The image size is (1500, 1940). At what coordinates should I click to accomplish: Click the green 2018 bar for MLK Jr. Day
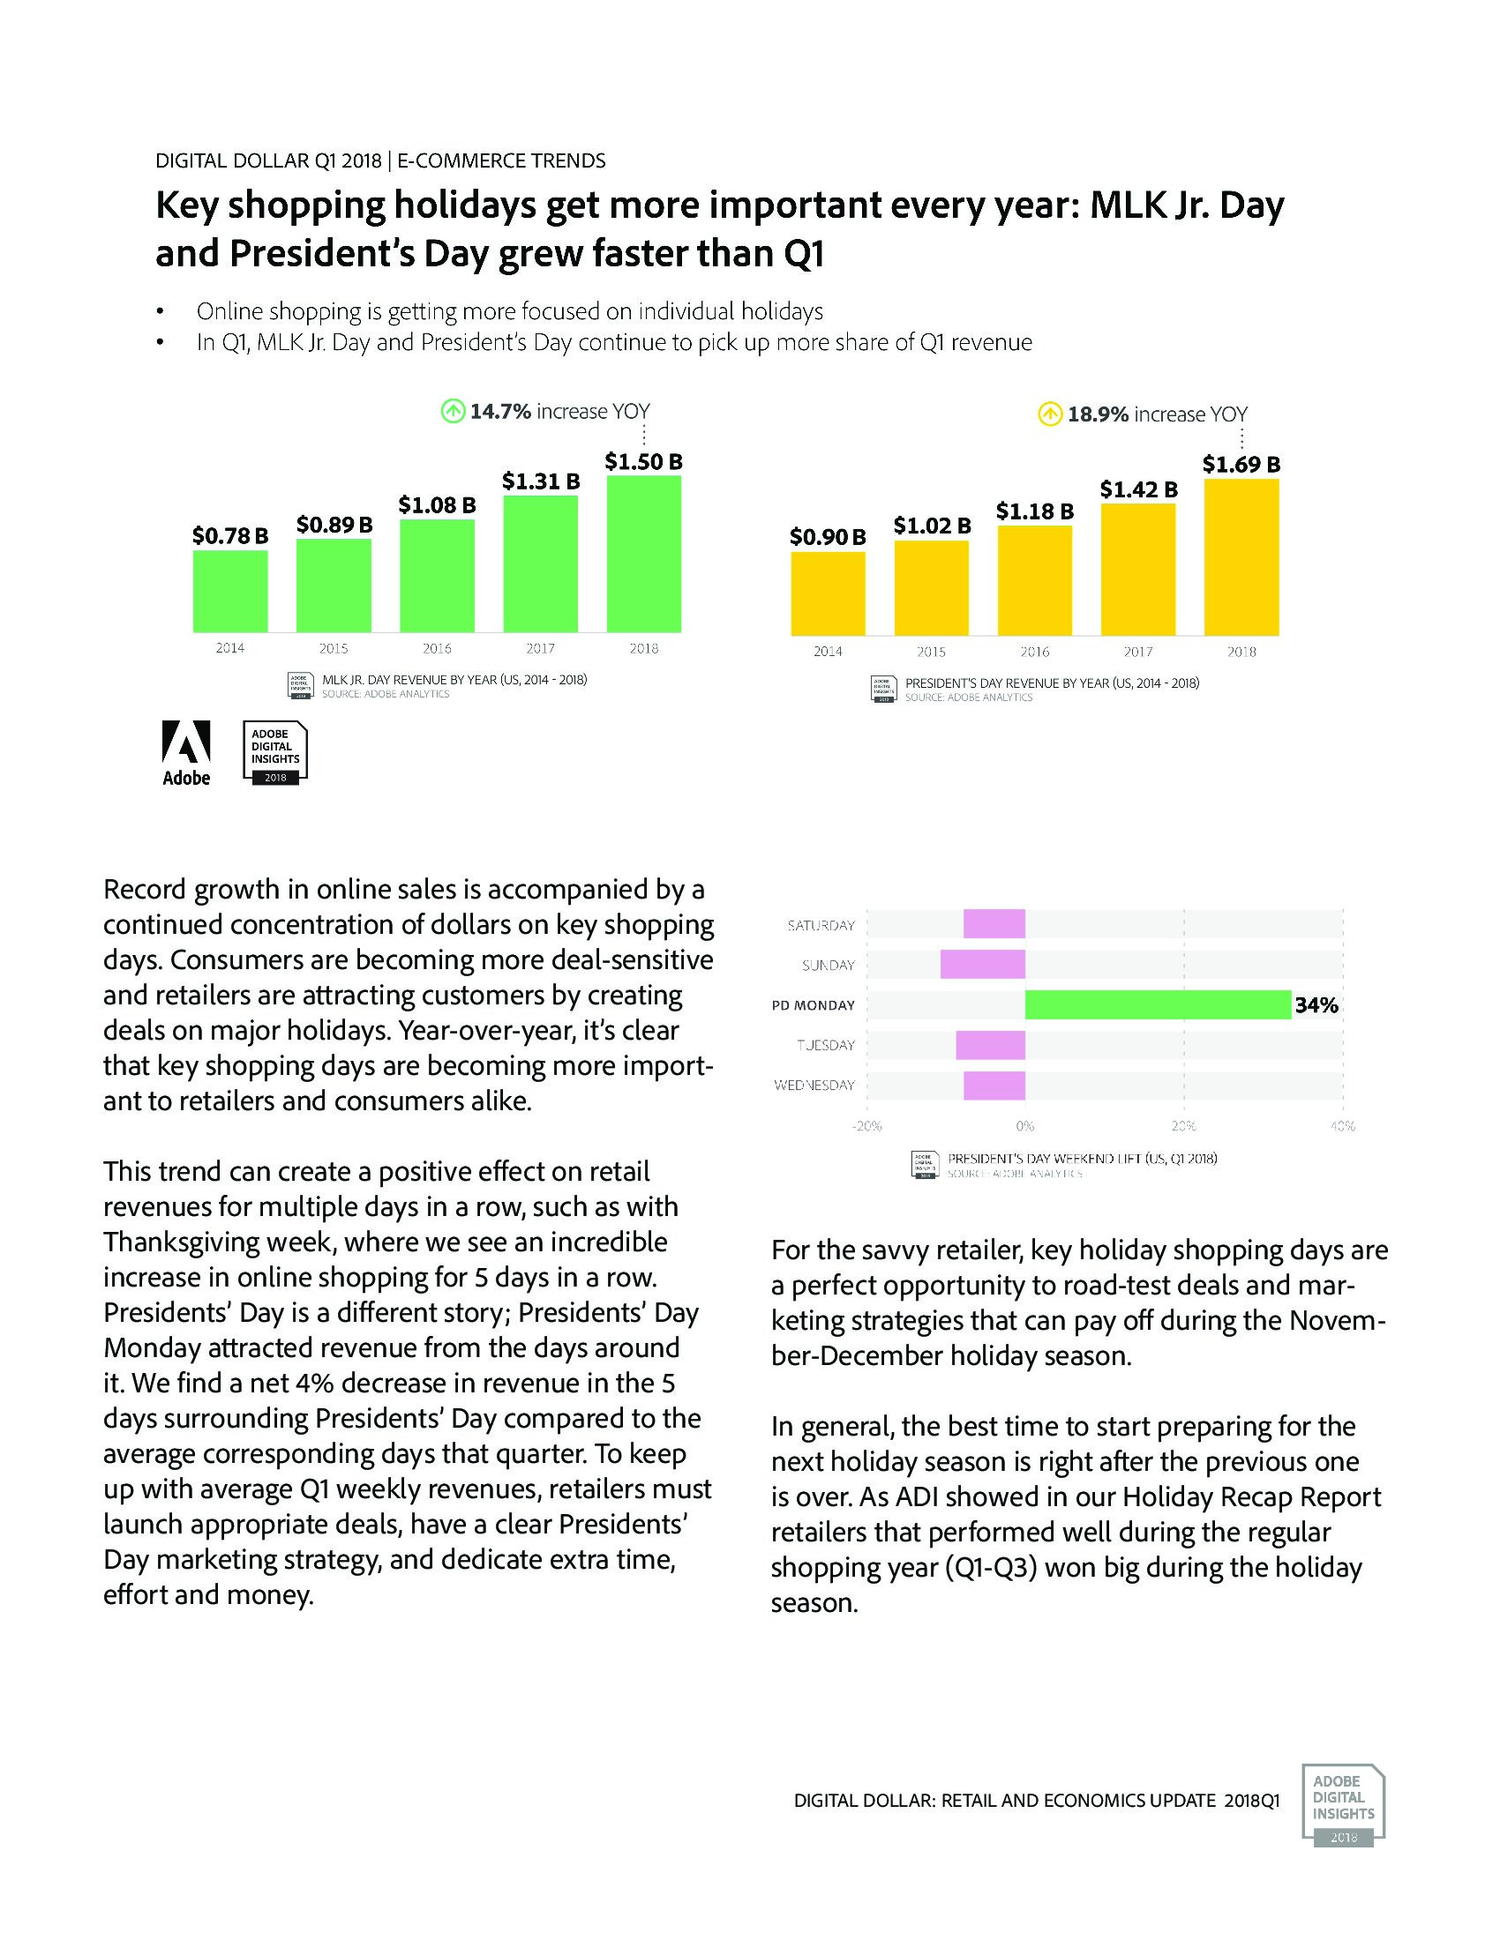click(x=643, y=554)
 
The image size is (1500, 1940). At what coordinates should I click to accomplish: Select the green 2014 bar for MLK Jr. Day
click(x=230, y=591)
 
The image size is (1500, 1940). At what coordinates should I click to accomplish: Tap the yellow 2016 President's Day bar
click(x=1034, y=581)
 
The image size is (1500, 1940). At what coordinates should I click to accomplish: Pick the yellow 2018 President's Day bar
click(x=1241, y=557)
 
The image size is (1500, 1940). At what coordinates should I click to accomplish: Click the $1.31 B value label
click(x=540, y=481)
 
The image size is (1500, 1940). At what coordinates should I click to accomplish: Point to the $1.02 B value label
click(x=931, y=526)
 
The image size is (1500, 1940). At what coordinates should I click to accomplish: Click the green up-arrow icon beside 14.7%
click(x=454, y=411)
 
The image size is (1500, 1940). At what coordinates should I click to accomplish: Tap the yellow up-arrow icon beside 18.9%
click(x=1050, y=414)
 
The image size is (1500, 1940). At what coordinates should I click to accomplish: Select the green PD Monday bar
click(x=1157, y=1004)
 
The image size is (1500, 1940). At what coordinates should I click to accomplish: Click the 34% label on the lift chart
click(x=1316, y=1005)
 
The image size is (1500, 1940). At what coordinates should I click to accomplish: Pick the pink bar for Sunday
click(x=983, y=965)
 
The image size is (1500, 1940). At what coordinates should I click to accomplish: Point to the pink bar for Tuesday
click(x=990, y=1045)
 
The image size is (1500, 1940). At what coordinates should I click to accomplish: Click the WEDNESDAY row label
click(x=814, y=1085)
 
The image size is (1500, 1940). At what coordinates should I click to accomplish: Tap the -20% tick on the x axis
click(x=866, y=1126)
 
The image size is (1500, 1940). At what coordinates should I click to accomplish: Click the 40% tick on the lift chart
click(x=1342, y=1126)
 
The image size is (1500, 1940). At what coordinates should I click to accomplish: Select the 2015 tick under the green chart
click(x=334, y=648)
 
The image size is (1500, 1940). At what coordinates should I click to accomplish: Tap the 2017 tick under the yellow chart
click(x=1138, y=652)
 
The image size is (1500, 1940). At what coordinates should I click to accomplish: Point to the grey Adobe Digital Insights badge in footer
click(x=1343, y=1805)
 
